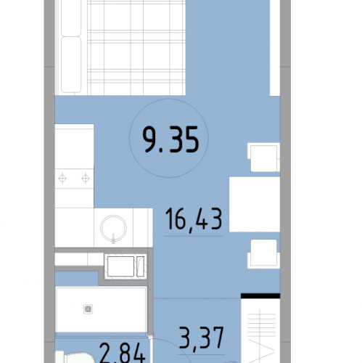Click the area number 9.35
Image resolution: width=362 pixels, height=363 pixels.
(x=170, y=140)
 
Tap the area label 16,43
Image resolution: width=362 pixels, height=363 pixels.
(x=194, y=219)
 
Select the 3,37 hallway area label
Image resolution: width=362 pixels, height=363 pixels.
(x=202, y=338)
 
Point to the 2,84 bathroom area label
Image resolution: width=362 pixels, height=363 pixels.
(x=123, y=354)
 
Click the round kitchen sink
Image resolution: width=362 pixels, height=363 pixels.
(x=113, y=229)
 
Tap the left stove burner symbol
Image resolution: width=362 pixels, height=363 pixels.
(x=62, y=179)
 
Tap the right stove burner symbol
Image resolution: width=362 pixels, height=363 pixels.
(x=86, y=179)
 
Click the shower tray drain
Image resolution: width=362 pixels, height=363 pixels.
(x=88, y=309)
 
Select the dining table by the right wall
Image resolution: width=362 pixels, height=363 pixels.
(x=255, y=204)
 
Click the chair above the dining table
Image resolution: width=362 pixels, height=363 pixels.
(x=263, y=157)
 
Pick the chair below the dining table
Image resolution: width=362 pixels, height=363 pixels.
(x=263, y=254)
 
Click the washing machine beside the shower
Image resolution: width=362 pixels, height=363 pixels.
(x=126, y=266)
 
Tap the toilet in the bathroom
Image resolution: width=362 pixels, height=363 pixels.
(x=74, y=357)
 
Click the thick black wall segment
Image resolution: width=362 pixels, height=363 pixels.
(x=260, y=295)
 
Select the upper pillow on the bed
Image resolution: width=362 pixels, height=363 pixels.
(x=71, y=17)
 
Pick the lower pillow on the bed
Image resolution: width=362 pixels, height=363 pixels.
(x=71, y=65)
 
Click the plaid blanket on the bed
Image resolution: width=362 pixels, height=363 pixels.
(x=136, y=47)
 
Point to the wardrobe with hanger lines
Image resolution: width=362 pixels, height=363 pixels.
(x=260, y=330)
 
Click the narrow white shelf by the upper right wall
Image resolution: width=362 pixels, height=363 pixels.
(x=275, y=48)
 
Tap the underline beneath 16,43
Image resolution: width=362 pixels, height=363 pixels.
(x=194, y=236)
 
